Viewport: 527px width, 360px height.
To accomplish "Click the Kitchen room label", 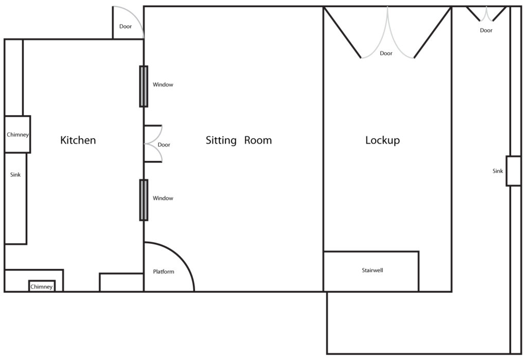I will pos(78,140).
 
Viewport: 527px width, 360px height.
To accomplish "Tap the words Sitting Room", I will pos(238,140).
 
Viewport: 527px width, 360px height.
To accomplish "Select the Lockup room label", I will pos(382,140).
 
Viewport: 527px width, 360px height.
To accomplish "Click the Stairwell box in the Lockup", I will pos(371,271).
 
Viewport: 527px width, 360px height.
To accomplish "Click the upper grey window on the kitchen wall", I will pos(144,86).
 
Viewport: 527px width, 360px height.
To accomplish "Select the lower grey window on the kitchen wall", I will pos(144,200).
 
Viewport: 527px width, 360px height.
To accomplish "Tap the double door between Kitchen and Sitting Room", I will pos(153,144).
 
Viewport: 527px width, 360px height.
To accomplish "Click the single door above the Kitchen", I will pos(128,23).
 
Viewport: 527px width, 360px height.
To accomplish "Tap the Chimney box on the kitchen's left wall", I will pos(17,134).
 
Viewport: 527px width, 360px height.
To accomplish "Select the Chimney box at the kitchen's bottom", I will pos(42,286).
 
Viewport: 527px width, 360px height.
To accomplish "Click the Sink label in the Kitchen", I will pos(15,175).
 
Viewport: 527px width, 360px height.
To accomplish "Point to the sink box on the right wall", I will pos(513,171).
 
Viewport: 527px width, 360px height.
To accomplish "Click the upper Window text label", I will pos(163,85).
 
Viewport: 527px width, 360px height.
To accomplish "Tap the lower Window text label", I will pos(163,199).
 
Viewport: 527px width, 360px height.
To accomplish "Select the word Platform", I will pos(164,272).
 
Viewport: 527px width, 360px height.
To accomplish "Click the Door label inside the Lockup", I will pos(386,53).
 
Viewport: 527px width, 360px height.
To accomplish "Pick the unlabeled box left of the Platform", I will pos(121,282).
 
